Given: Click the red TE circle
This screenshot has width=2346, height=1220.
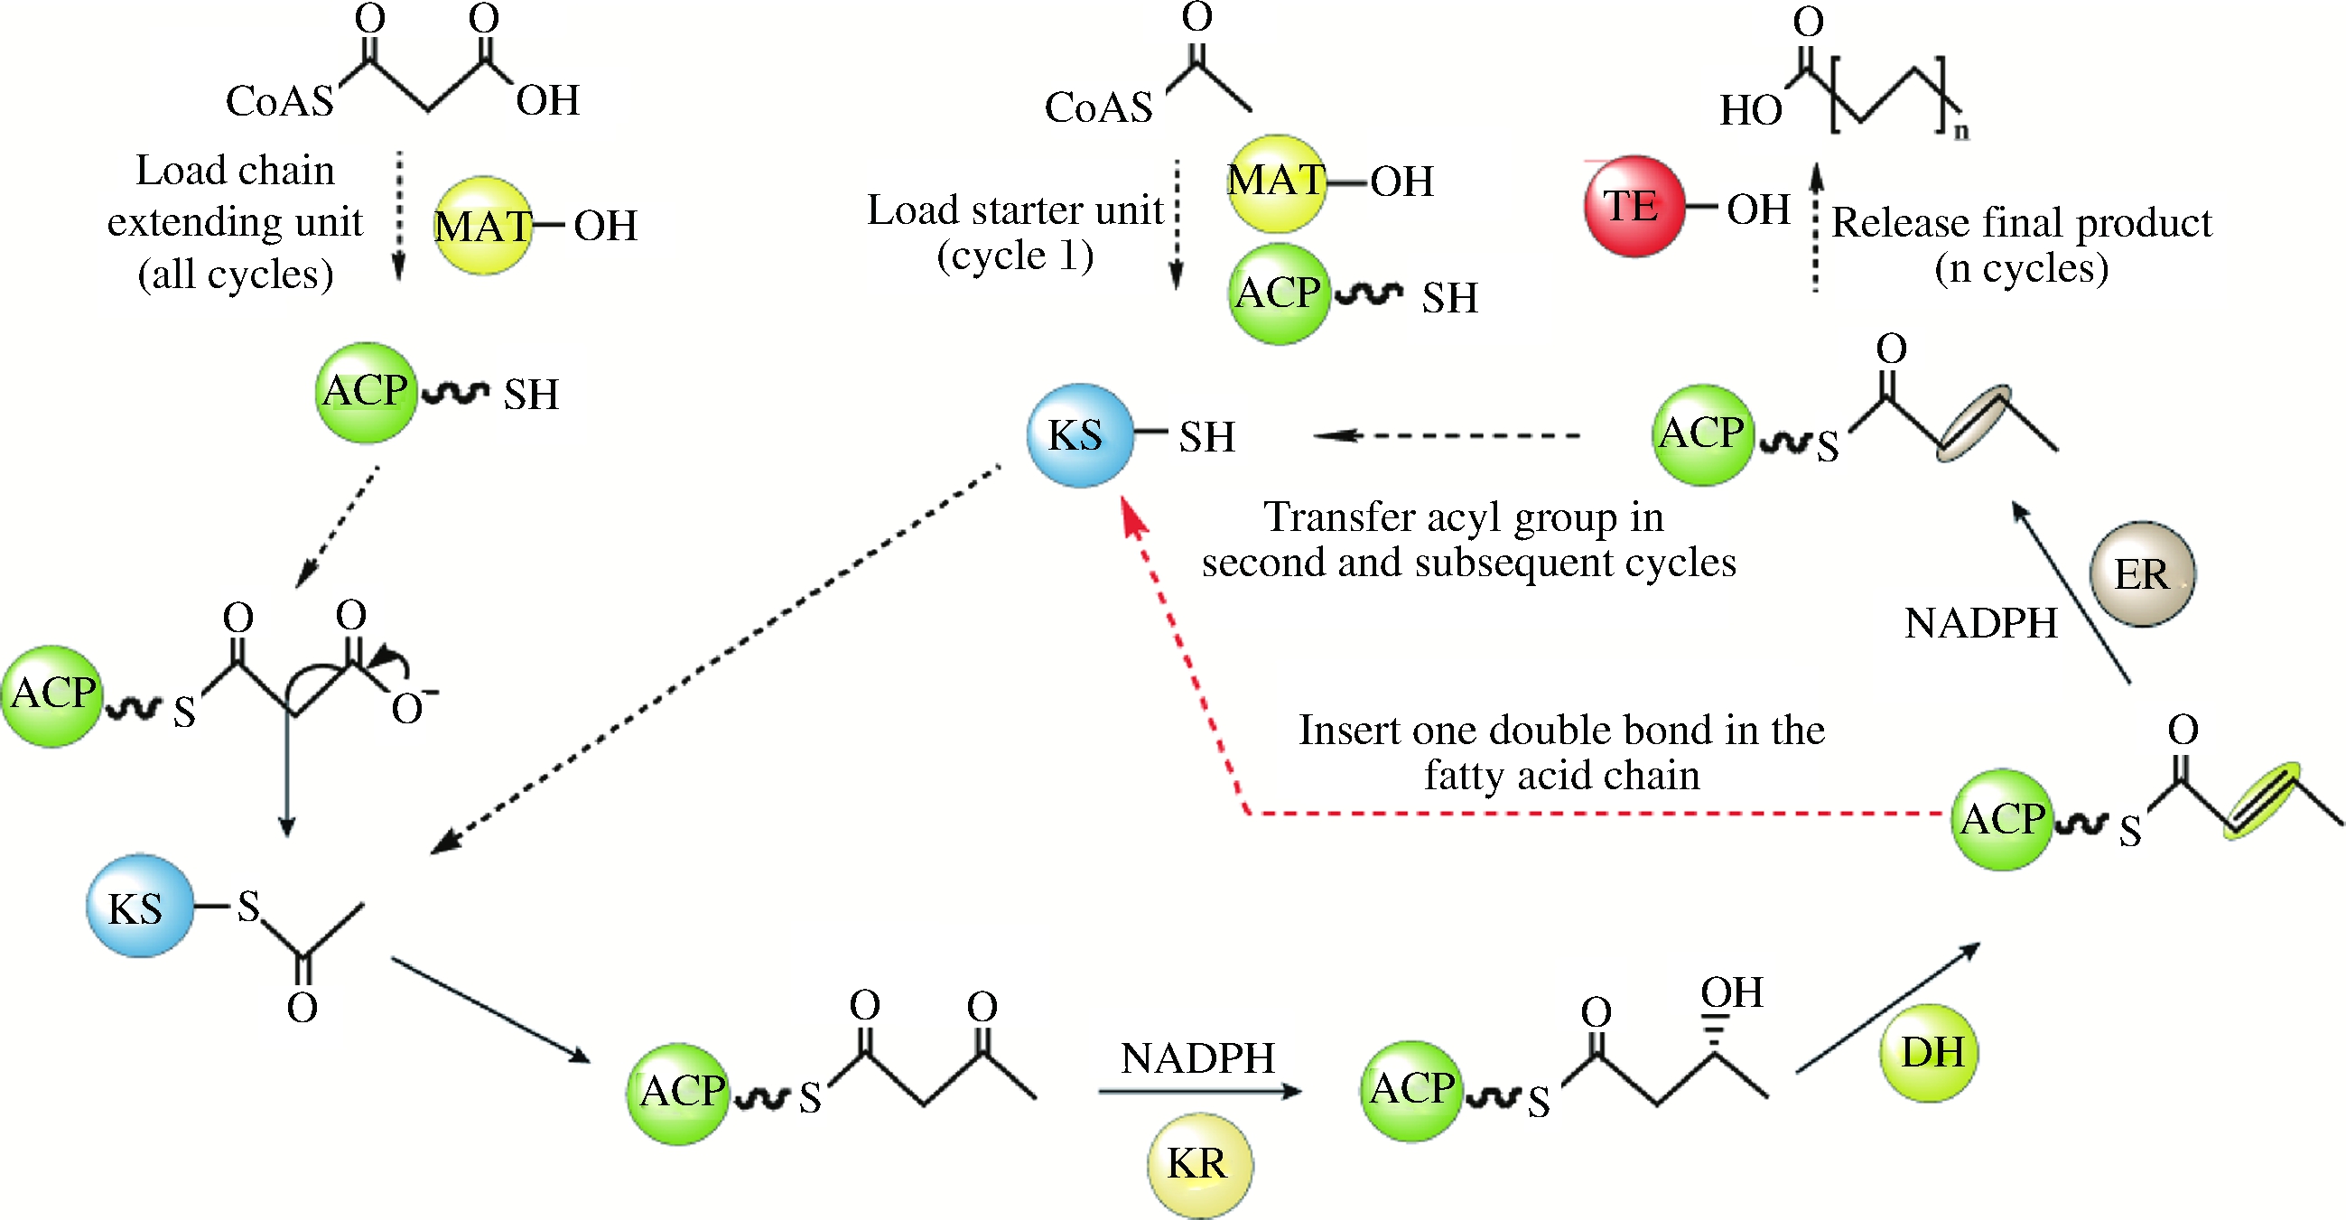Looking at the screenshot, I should pos(1633,206).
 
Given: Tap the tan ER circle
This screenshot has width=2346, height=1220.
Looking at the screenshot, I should pos(2142,574).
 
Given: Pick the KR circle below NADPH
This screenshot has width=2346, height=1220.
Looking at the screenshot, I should pos(1198,1164).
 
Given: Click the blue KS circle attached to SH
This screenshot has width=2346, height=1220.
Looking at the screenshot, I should pos(1079,435).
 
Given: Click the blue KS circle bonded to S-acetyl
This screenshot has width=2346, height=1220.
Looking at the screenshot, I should pos(138,907).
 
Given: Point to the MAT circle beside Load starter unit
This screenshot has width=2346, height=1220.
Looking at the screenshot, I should pos(1276,182).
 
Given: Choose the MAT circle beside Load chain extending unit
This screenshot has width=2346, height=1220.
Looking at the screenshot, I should pos(483,226).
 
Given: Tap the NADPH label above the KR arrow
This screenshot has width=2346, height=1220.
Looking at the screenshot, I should pos(1196,1058).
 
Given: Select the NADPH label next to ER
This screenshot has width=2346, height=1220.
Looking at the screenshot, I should pos(1981,624).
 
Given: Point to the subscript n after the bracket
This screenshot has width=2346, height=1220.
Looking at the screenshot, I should pos(1960,131).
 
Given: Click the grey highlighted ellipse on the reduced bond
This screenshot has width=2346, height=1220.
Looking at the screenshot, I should pos(1972,424).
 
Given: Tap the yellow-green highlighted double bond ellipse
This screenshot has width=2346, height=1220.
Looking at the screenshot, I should pos(2261,800).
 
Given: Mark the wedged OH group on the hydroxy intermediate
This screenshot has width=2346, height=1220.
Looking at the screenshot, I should pos(1731,992).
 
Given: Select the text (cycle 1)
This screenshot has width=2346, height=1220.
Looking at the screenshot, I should pos(1016,256).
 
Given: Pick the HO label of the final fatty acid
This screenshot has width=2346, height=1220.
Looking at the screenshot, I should pos(1750,111).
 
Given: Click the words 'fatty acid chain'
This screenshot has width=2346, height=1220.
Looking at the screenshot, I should pos(1562,776).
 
